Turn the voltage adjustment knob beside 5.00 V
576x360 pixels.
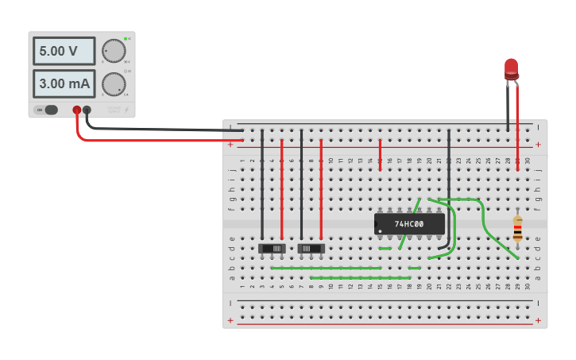click(114, 51)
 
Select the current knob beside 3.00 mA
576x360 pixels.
click(114, 83)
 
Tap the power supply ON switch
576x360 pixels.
click(50, 110)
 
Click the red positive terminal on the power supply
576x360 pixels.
click(77, 110)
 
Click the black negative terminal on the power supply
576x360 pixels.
click(87, 110)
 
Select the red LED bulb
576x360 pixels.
click(511, 68)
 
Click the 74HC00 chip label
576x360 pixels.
click(409, 224)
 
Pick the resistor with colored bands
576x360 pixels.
click(517, 228)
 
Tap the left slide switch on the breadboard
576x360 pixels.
click(273, 248)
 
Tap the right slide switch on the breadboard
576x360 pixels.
click(311, 248)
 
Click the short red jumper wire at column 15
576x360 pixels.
click(380, 153)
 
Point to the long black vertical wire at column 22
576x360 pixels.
click(449, 183)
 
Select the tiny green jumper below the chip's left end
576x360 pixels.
click(385, 248)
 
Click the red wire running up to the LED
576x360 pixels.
click(518, 119)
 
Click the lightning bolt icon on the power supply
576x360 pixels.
click(126, 110)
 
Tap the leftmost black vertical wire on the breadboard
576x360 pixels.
click(262, 183)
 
